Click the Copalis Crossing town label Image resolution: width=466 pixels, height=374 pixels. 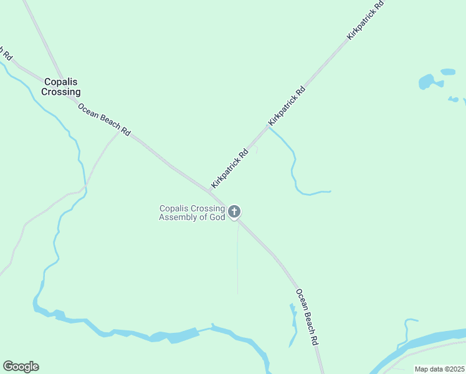61,87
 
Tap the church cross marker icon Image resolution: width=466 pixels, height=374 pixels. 234,212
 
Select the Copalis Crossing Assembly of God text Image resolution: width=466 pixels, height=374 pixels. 191,213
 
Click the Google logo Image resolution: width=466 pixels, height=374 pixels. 21,366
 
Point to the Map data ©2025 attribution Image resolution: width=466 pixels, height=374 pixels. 439,369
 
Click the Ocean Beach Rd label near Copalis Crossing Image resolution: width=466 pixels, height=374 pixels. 104,120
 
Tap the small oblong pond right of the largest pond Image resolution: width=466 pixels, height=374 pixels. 448,72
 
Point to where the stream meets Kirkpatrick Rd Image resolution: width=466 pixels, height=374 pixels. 269,127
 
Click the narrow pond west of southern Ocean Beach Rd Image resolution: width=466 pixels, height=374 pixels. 293,324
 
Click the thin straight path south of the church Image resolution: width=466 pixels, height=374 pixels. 237,262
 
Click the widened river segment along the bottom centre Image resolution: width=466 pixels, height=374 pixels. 174,337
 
